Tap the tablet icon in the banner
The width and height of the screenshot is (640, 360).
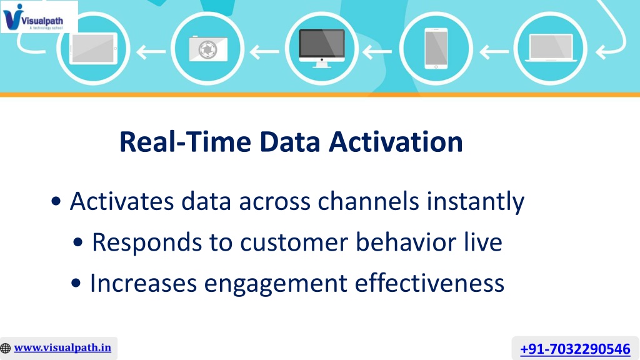pyautogui.click(x=94, y=49)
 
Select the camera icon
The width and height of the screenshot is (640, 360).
pyautogui.click(x=208, y=49)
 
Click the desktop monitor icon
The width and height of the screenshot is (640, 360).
pyautogui.click(x=322, y=48)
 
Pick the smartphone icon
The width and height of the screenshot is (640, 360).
pyautogui.click(x=436, y=48)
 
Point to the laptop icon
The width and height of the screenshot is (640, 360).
pyautogui.click(x=551, y=47)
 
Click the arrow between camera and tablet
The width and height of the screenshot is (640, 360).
pyautogui.click(x=151, y=51)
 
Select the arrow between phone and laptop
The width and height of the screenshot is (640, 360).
pyautogui.click(x=494, y=51)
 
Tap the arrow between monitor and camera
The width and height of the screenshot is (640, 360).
pyautogui.click(x=264, y=51)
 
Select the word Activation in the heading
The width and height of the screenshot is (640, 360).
pyautogui.click(x=396, y=142)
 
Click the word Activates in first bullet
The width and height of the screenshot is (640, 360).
pyautogui.click(x=122, y=201)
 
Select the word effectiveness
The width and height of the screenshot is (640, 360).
pyautogui.click(x=429, y=282)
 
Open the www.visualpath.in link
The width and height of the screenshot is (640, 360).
pyautogui.click(x=62, y=347)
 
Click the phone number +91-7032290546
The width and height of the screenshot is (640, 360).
pyautogui.click(x=575, y=349)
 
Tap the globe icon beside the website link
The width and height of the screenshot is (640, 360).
pyautogui.click(x=6, y=348)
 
